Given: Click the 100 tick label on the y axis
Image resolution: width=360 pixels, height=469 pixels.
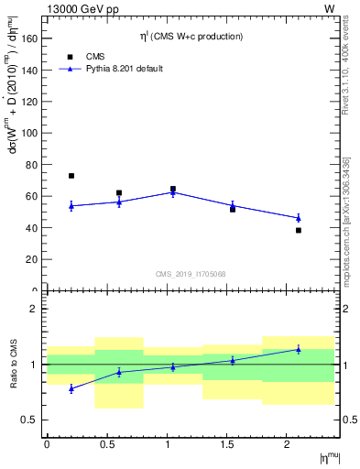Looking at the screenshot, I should [30, 133].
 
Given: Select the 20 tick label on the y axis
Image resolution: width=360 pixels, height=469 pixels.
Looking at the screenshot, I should [33, 259].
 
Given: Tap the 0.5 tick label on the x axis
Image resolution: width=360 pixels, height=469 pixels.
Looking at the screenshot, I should [107, 444].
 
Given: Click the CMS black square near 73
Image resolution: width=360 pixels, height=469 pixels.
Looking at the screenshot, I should [71, 176].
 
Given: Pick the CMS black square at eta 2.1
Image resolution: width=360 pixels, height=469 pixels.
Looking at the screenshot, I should [299, 230].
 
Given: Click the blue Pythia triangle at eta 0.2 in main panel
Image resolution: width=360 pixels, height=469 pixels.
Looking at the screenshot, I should [71, 206].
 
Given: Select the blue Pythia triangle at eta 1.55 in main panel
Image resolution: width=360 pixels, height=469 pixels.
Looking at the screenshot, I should [233, 205].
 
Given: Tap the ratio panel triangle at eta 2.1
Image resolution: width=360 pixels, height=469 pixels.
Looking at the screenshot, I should [299, 349].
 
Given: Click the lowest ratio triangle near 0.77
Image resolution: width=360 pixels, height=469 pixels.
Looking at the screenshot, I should [71, 388].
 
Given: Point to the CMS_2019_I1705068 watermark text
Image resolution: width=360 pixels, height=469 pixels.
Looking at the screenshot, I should [191, 273].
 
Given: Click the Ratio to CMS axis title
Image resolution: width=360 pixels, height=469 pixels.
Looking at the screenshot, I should [14, 365].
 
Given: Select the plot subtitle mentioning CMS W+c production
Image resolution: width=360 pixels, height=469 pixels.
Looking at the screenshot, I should [191, 37].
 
